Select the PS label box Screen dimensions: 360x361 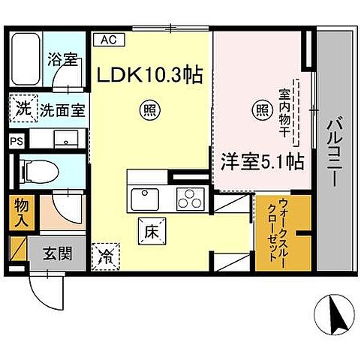click(17, 140)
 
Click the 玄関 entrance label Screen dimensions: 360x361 click(59, 253)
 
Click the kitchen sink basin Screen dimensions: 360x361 click(144, 200)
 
